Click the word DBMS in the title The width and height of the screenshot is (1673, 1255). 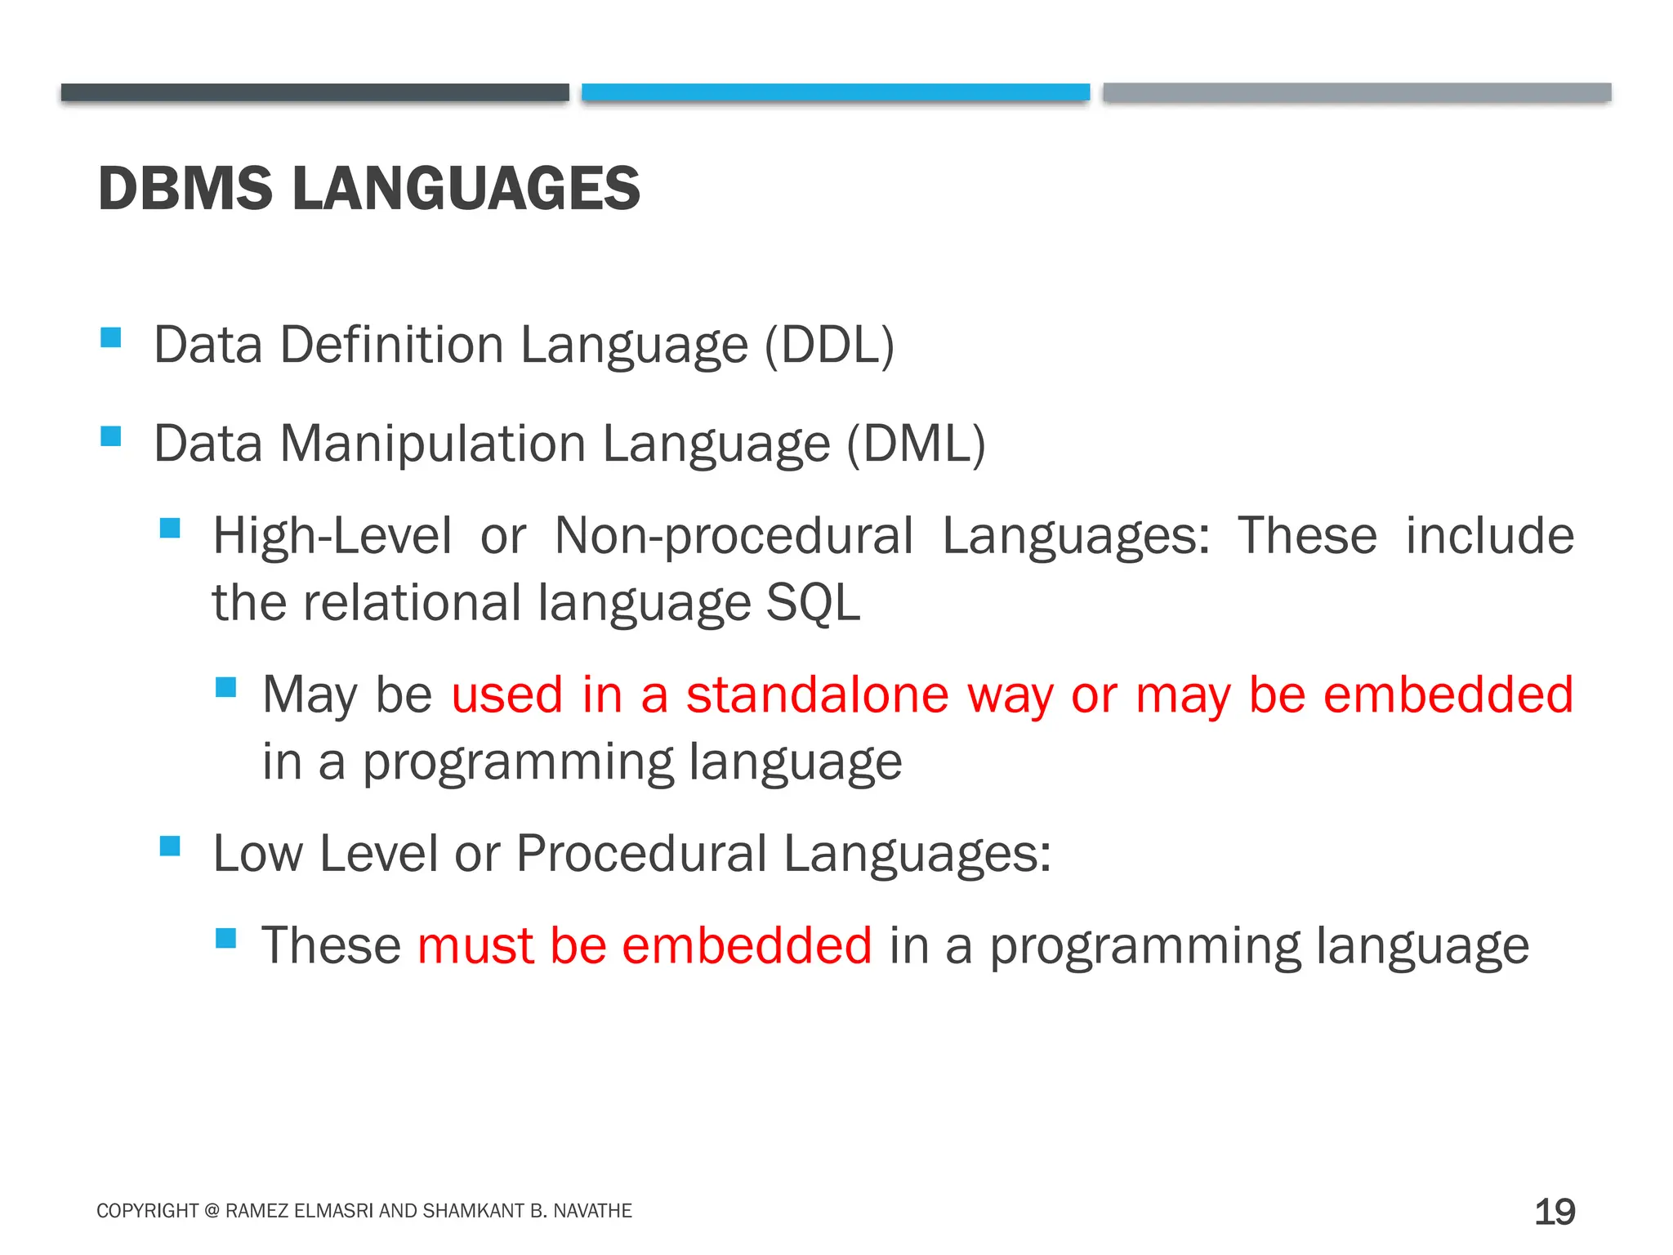[185, 189]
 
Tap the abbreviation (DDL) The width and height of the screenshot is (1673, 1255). [829, 345]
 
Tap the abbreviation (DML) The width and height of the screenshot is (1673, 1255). [916, 444]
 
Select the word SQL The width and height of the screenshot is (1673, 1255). [813, 603]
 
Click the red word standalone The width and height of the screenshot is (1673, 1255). [817, 694]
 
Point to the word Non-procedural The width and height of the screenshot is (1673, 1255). [734, 537]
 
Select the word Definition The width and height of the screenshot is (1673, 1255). [392, 345]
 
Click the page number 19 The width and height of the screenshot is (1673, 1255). [1555, 1212]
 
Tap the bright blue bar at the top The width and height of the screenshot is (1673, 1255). [836, 92]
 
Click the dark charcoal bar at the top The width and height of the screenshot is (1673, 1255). [315, 92]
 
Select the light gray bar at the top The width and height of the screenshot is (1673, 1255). [1356, 92]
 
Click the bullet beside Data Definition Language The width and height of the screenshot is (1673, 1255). [111, 337]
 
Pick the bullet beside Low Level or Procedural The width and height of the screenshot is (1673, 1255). [170, 846]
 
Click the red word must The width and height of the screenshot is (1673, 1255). [475, 946]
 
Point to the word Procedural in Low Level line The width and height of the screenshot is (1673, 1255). [641, 854]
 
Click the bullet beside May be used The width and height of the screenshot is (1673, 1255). [225, 687]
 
